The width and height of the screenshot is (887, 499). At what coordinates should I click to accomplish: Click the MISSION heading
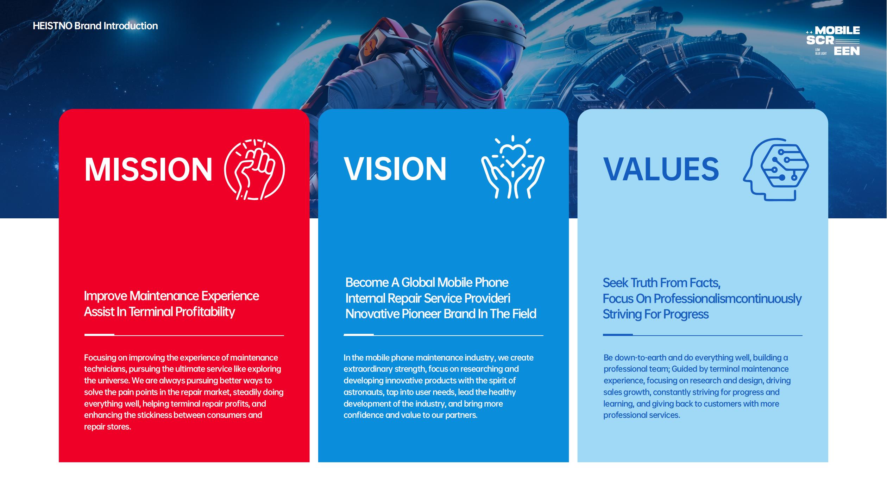148,169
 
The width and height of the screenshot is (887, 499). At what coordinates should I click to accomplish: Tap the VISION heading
395,169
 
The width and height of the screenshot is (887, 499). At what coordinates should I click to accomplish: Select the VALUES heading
661,169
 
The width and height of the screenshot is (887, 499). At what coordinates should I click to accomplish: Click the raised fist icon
254,170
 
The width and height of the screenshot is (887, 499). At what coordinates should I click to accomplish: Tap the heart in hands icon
513,167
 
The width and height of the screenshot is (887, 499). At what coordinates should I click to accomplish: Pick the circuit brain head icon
776,169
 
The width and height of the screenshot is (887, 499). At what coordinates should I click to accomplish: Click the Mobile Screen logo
833,40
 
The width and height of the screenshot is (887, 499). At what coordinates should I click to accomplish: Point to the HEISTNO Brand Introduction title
95,26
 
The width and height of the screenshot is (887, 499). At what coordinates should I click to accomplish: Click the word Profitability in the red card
205,312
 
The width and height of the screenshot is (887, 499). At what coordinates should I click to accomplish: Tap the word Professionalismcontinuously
728,299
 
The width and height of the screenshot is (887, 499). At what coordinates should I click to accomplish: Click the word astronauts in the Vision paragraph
364,392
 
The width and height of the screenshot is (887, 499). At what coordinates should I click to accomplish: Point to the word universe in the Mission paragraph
113,381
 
